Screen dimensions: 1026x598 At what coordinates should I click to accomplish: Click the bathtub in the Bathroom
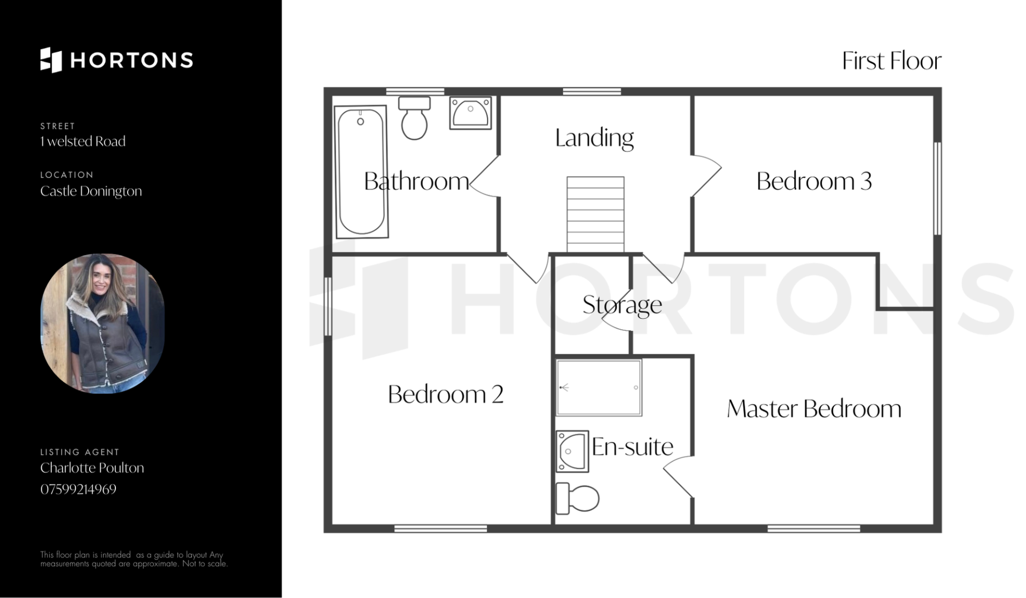[x=361, y=172]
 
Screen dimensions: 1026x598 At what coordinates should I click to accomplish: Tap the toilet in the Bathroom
[x=414, y=118]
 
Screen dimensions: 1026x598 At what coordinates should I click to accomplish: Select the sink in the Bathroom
[x=470, y=113]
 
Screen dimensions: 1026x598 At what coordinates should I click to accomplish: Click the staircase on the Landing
[x=595, y=214]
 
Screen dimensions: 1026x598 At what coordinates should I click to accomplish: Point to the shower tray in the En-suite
[x=598, y=387]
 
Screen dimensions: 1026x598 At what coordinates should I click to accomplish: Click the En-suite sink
[x=572, y=452]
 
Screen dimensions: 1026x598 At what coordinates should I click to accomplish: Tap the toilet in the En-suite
[x=577, y=498]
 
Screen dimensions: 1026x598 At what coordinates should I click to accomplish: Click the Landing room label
[x=594, y=138]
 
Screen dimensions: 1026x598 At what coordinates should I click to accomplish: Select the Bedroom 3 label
[x=814, y=181]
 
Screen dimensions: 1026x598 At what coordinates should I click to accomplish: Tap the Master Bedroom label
[x=814, y=409]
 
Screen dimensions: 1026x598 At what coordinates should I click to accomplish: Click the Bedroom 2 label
[x=446, y=394]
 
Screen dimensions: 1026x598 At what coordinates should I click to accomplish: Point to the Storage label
[x=622, y=305]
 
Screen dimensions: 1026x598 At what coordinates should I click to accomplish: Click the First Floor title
[x=891, y=61]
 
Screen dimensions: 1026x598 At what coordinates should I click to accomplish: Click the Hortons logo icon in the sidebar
[x=51, y=60]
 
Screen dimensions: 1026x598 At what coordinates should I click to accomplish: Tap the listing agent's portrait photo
[x=103, y=323]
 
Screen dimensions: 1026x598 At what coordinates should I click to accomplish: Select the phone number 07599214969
[x=78, y=489]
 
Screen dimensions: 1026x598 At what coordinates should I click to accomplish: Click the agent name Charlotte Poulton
[x=92, y=468]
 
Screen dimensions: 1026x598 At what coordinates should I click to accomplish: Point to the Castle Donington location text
[x=91, y=191]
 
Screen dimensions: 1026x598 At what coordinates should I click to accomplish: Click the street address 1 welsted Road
[x=83, y=141]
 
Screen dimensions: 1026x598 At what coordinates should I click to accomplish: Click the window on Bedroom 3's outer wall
[x=937, y=188]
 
